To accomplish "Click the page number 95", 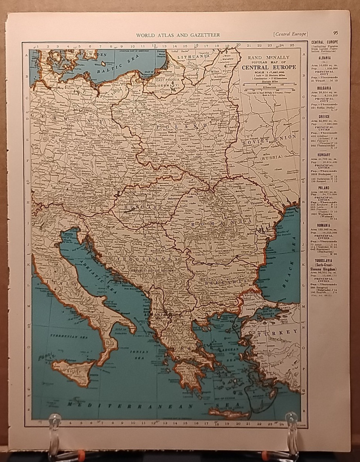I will pos(335,34).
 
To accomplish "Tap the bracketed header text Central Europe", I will pos(290,34).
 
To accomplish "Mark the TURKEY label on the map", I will pos(278,332).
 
